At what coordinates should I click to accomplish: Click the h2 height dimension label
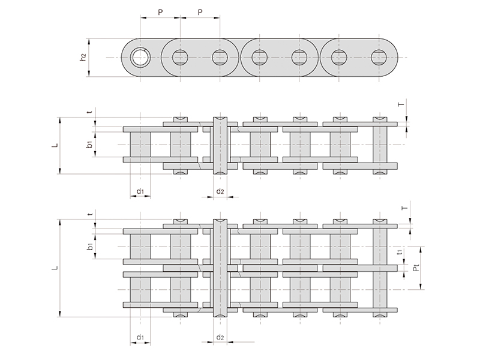click(x=83, y=57)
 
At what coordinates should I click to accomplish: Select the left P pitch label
click(x=160, y=12)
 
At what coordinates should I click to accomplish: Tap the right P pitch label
click(x=200, y=12)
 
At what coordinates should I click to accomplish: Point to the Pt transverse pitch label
click(x=415, y=268)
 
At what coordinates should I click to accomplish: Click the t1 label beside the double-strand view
click(x=400, y=252)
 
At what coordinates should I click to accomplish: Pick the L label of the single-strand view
click(x=55, y=145)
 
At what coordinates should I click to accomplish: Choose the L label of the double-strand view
click(x=55, y=268)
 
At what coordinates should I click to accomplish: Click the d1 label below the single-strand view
click(x=140, y=191)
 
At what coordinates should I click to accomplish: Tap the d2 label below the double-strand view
click(x=220, y=337)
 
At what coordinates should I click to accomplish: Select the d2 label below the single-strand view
click(x=220, y=191)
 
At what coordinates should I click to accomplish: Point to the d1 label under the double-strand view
click(x=140, y=337)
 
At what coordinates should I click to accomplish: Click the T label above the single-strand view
click(x=401, y=104)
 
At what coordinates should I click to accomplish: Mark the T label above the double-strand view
click(x=404, y=208)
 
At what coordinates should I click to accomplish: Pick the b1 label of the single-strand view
click(x=89, y=144)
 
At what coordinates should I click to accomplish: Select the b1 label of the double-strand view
click(x=89, y=246)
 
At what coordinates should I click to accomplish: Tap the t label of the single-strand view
click(x=89, y=112)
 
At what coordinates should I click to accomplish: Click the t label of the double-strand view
click(x=89, y=214)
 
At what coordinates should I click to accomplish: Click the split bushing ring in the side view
click(x=140, y=57)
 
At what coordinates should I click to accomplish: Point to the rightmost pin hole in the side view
click(x=379, y=57)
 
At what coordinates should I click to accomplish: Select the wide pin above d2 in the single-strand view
click(x=220, y=145)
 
